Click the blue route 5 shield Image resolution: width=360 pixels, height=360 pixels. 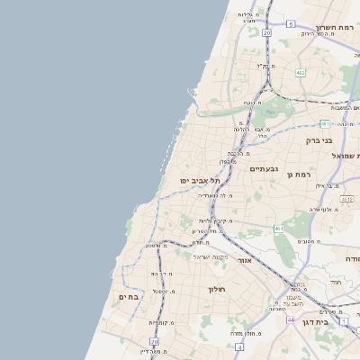[291, 24]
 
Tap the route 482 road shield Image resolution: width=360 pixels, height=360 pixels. [301, 73]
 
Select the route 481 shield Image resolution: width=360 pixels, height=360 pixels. [324, 123]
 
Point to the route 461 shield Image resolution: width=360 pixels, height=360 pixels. [280, 229]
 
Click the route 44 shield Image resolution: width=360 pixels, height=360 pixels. [291, 319]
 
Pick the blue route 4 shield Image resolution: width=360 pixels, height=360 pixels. [239, 346]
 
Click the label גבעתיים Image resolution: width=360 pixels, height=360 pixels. [264, 168]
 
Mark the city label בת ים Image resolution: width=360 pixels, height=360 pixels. [127, 296]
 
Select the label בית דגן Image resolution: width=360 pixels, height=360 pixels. [340, 321]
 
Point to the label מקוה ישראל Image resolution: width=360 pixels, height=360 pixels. [211, 256]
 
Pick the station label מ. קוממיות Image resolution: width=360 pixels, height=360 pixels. [159, 321]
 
